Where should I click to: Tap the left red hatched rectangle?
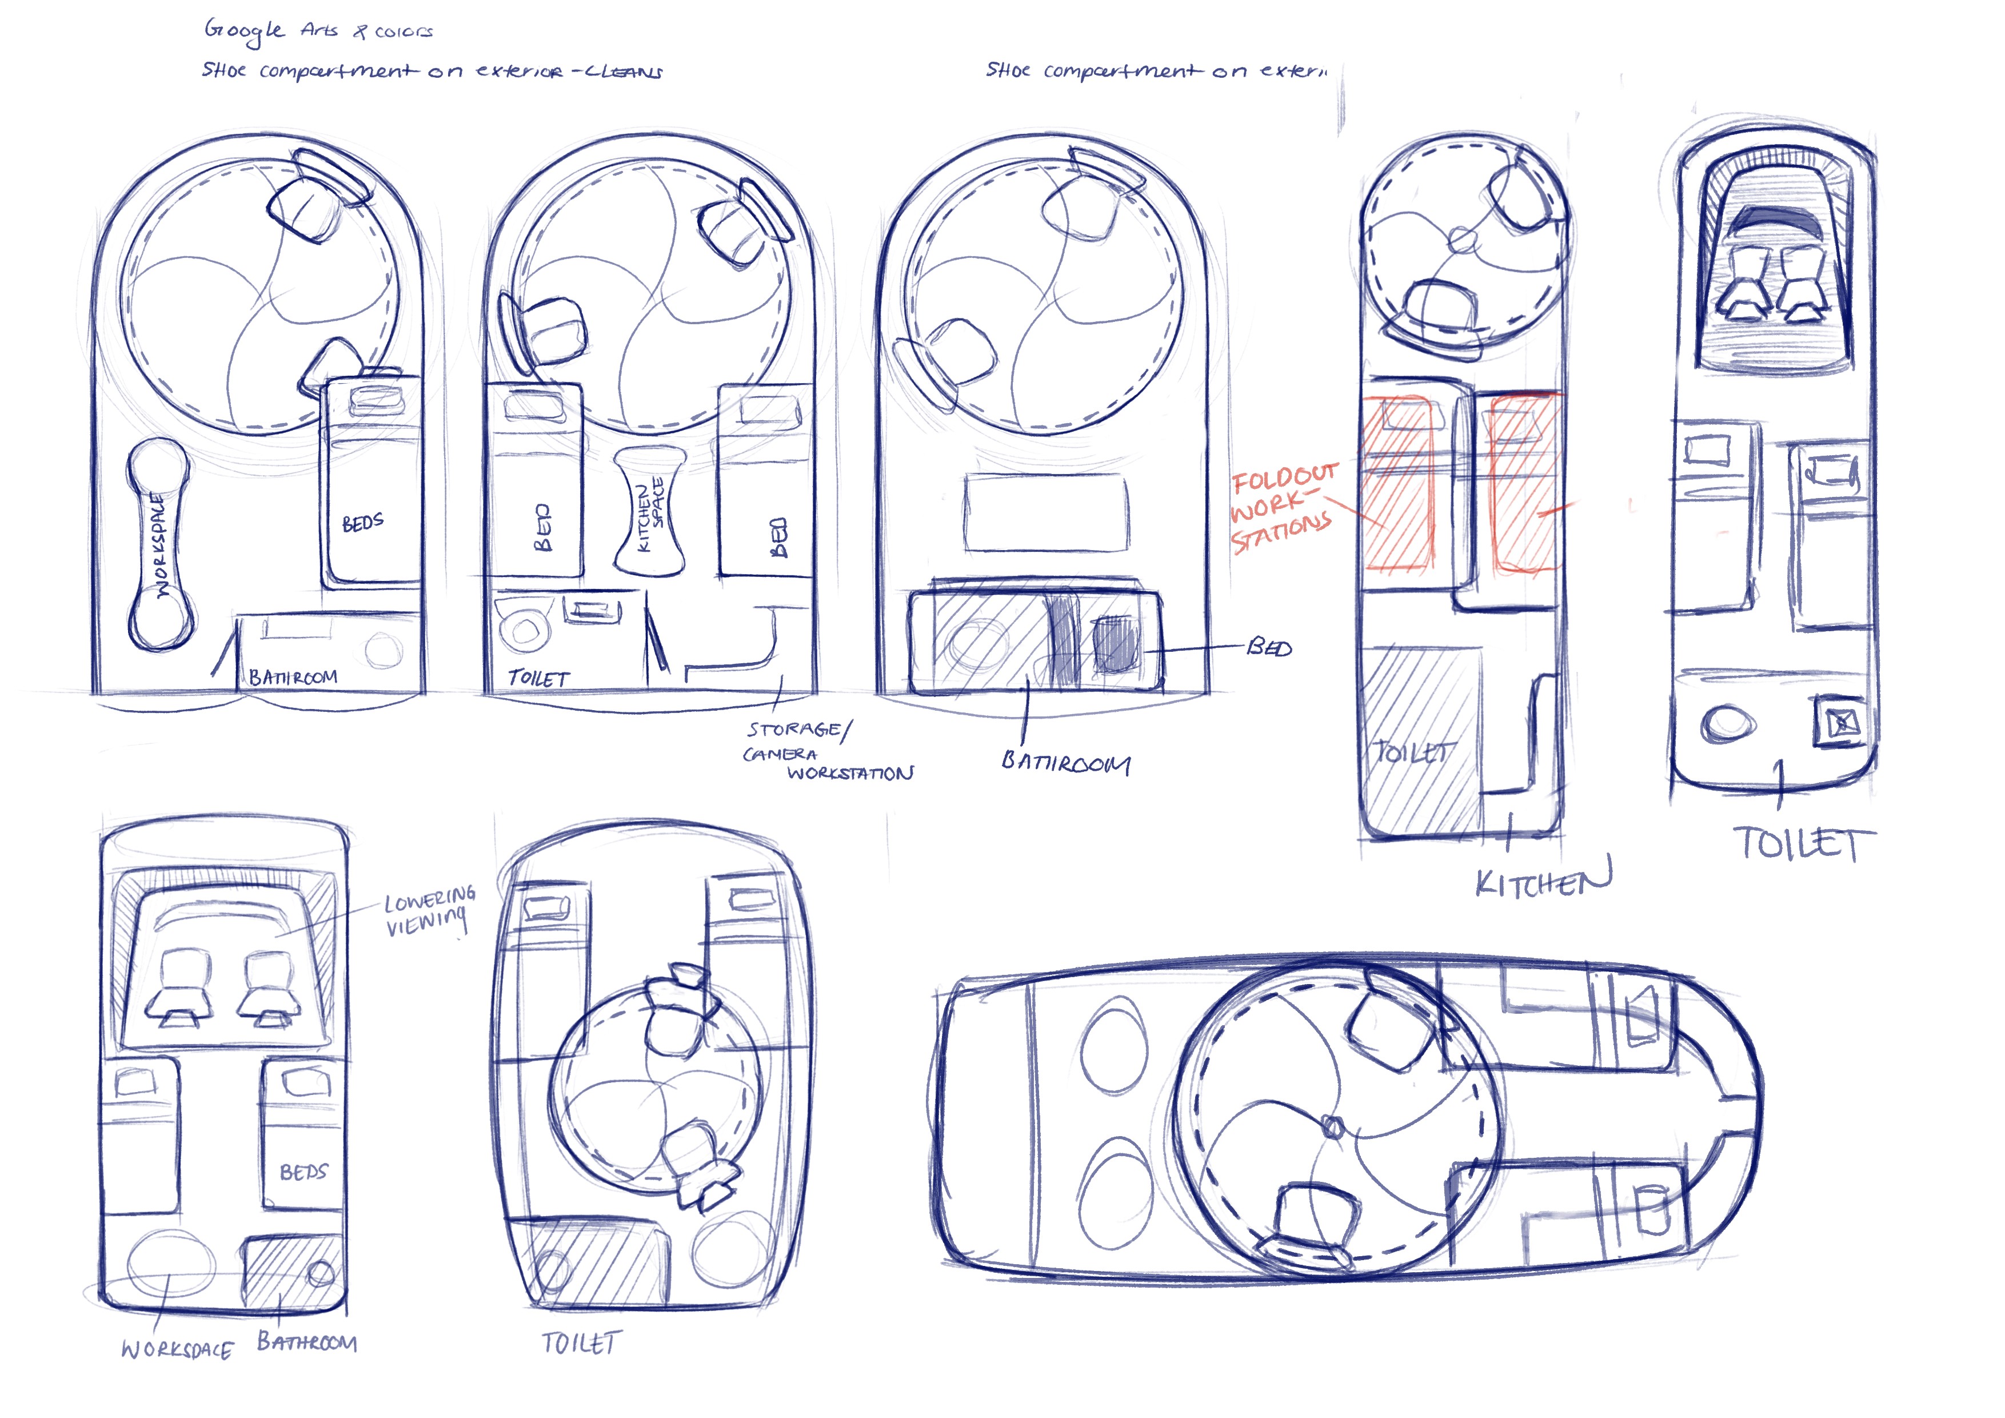pyautogui.click(x=1399, y=483)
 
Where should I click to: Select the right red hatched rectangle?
pyautogui.click(x=1524, y=483)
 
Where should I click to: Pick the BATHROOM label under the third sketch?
pyautogui.click(x=1065, y=763)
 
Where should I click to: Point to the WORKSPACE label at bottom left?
pyautogui.click(x=177, y=1349)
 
